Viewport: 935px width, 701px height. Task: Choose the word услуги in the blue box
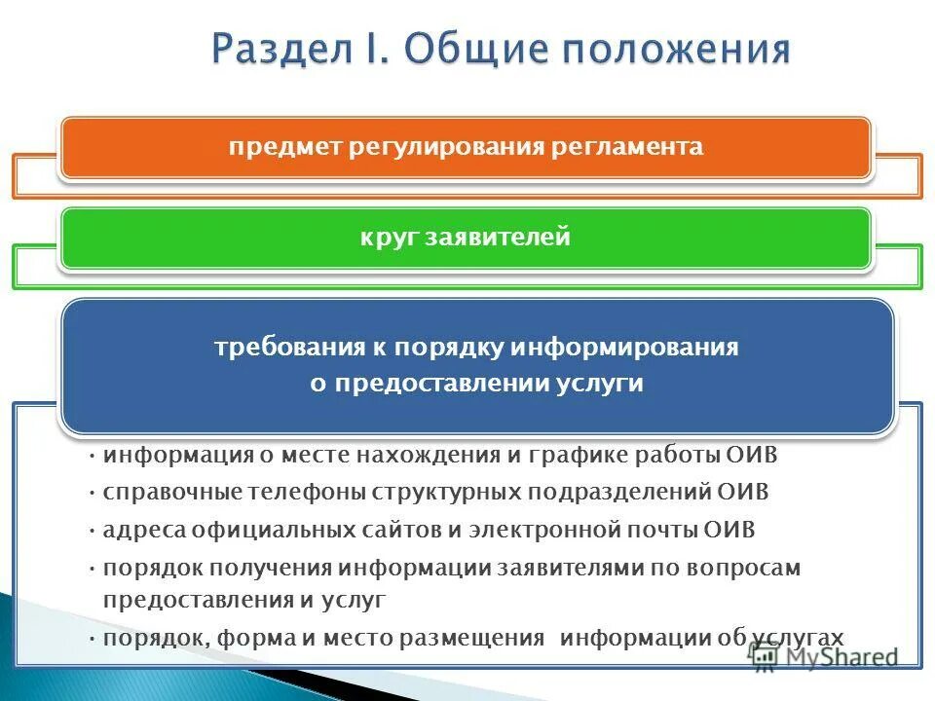[x=608, y=383]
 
